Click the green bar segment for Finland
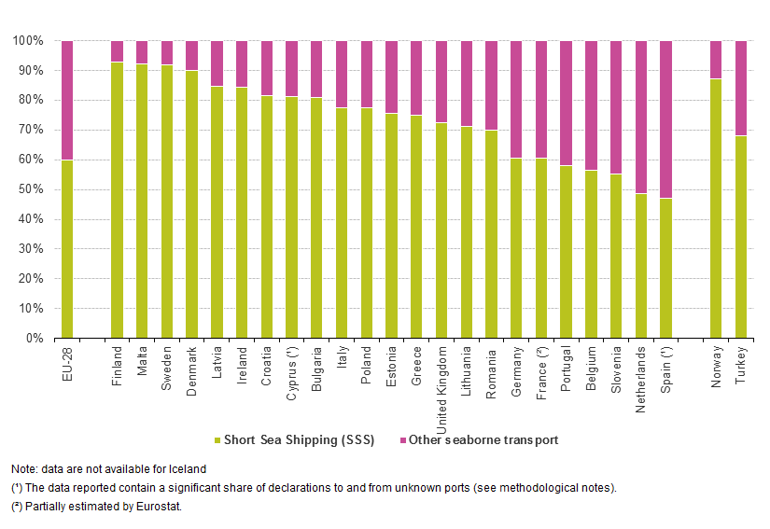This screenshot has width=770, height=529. pos(117,200)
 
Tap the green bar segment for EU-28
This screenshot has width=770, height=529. pos(67,248)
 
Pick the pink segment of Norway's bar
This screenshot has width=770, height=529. pos(716,60)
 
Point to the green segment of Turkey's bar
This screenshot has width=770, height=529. pos(741,237)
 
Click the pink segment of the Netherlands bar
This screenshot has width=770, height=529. pos(641,117)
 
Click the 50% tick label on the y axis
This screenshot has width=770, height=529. pos(28,189)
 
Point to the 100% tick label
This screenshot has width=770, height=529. pos(25,41)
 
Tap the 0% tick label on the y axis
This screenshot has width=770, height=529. pos(31,338)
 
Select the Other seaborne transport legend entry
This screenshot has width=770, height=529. pos(485,439)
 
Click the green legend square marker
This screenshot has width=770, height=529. pos(217,439)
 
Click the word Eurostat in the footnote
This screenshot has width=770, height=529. pos(159,506)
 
